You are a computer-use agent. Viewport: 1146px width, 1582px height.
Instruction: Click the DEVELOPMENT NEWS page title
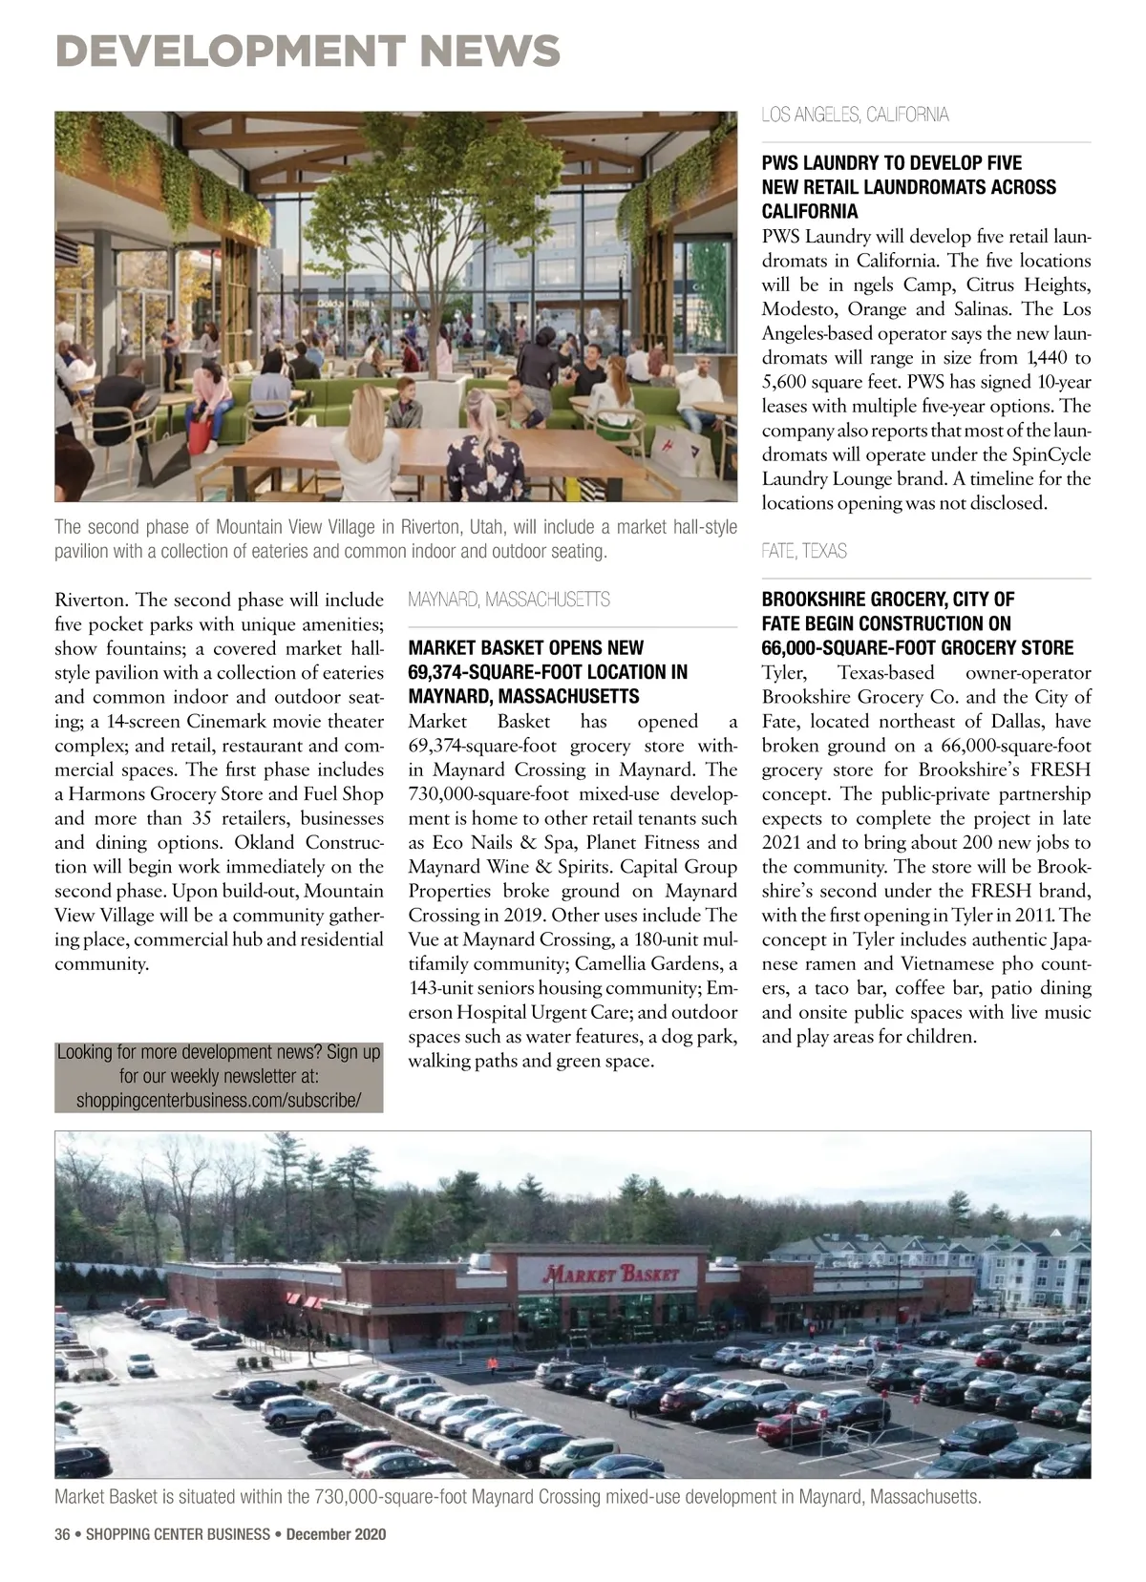(308, 50)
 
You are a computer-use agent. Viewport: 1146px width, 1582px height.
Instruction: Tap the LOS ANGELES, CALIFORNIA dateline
(855, 116)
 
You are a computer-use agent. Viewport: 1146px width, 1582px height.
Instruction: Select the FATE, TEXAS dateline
(804, 551)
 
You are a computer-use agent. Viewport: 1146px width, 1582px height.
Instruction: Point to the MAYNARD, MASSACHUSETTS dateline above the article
(508, 600)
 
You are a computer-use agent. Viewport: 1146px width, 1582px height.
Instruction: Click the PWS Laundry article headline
(908, 187)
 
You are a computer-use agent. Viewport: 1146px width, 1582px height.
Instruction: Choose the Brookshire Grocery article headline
(917, 623)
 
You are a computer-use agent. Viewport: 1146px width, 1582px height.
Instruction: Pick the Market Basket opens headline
(547, 672)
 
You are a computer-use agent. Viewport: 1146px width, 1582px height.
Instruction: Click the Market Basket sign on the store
(611, 1274)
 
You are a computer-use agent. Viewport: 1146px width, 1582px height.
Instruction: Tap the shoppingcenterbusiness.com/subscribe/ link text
(219, 1100)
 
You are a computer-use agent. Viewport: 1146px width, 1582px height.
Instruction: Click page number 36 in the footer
(63, 1534)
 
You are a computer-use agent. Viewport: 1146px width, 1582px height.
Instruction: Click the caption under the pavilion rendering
(395, 539)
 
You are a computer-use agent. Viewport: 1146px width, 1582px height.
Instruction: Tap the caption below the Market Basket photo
(517, 1496)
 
